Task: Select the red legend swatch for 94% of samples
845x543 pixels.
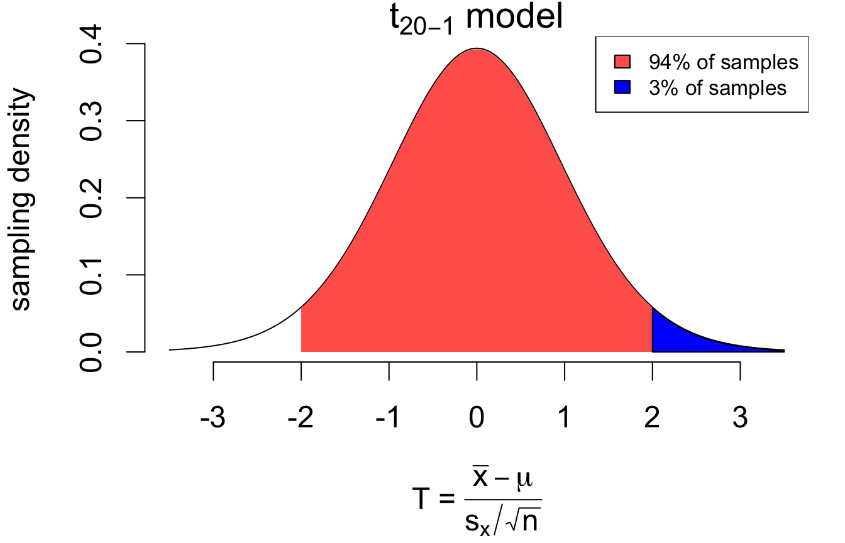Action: tap(622, 62)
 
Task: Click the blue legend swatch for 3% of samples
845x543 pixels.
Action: tap(622, 88)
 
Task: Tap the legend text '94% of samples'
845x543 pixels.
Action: tap(723, 62)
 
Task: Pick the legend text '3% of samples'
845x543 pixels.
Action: tap(717, 88)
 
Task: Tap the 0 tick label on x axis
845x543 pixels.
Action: tap(477, 417)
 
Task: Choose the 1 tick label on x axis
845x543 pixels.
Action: tap(565, 417)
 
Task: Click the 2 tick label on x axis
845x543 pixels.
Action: tap(653, 417)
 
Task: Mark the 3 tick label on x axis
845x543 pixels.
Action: tap(740, 417)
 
